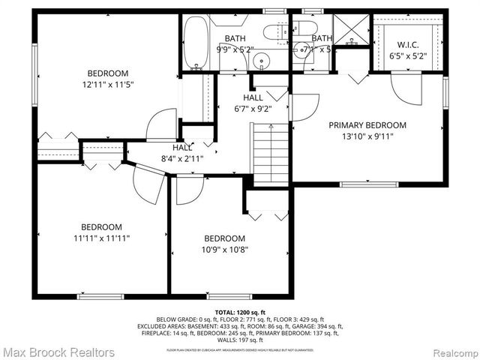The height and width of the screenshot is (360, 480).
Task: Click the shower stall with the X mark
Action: tap(349, 31)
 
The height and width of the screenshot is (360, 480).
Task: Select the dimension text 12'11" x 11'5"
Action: tap(107, 85)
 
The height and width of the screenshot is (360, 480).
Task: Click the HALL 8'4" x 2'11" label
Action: tap(182, 154)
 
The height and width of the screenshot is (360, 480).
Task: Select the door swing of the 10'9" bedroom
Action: tap(189, 190)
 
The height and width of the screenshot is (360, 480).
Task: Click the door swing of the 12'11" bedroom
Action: tap(162, 124)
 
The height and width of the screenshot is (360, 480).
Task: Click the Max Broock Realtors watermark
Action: tap(58, 352)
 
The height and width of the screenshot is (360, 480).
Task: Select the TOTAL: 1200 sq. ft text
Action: tap(240, 311)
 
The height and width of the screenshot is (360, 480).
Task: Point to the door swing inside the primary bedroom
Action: tap(406, 87)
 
